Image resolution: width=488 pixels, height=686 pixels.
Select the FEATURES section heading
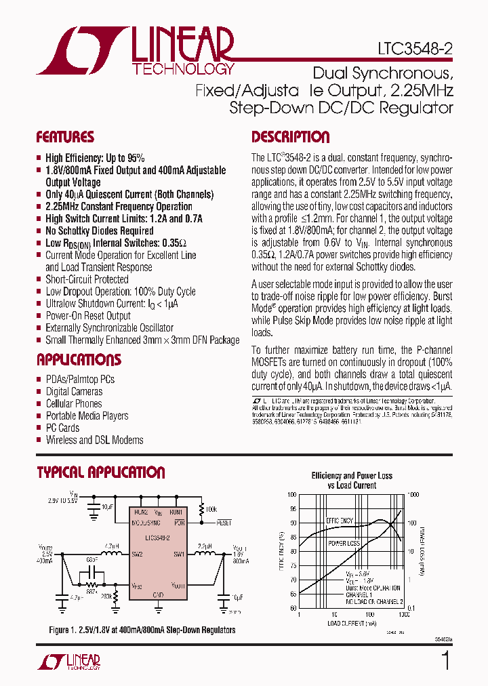click(x=65, y=138)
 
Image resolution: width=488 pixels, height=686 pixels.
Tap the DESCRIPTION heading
click(x=290, y=138)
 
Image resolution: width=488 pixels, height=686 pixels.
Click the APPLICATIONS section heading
click(x=79, y=360)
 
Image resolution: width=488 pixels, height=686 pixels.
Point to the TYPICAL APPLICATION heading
click(x=100, y=472)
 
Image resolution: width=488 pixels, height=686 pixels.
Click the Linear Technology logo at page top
click(x=136, y=51)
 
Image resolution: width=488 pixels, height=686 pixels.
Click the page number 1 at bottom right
click(x=445, y=660)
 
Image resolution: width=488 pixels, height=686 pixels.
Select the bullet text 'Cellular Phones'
click(x=73, y=404)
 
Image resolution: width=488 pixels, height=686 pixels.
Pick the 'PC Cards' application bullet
click(x=62, y=428)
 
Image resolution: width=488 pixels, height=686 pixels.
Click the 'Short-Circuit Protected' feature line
click(x=87, y=279)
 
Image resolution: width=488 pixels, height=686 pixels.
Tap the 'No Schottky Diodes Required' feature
click(x=99, y=230)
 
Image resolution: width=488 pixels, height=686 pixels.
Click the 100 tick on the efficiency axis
click(x=292, y=495)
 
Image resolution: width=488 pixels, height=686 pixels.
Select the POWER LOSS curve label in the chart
click(x=344, y=544)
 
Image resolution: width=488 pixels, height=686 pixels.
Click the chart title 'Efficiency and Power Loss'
click(x=352, y=476)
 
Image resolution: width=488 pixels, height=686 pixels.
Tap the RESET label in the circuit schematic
click(x=224, y=523)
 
